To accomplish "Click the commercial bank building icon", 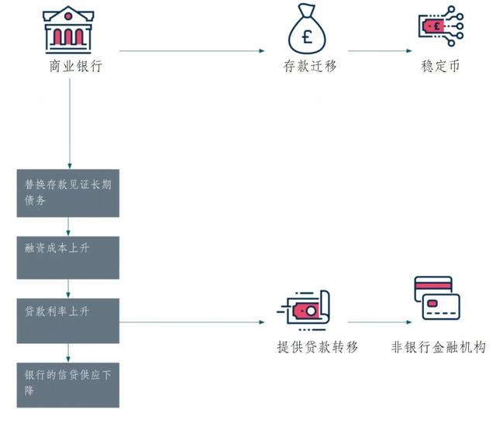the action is pos(68,29).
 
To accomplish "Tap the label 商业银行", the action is pos(76,67).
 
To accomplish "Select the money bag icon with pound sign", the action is pos(307,29).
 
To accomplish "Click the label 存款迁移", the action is pos(310,67).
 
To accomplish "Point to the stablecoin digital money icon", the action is pos(441,26).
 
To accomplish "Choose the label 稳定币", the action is pos(440,67).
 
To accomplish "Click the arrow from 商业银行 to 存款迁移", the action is pos(191,50).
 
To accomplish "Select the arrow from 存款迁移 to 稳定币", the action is pos(380,50).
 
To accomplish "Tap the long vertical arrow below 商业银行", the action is pos(70,124).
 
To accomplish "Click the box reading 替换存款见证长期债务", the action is pos(68,193).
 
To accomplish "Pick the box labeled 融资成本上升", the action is pos(68,258).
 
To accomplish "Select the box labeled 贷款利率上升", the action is pos(68,321).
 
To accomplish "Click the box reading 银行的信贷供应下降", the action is pos(68,385).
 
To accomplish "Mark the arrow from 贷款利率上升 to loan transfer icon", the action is pos(191,322).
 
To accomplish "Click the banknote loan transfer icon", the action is pos(303,311).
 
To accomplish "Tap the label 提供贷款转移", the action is pos(318,347).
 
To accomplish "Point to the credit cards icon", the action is pos(437,298).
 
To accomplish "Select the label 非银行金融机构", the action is pos(439,347).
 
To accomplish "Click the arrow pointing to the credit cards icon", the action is pos(380,322).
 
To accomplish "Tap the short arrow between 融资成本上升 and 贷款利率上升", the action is pos(68,289).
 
